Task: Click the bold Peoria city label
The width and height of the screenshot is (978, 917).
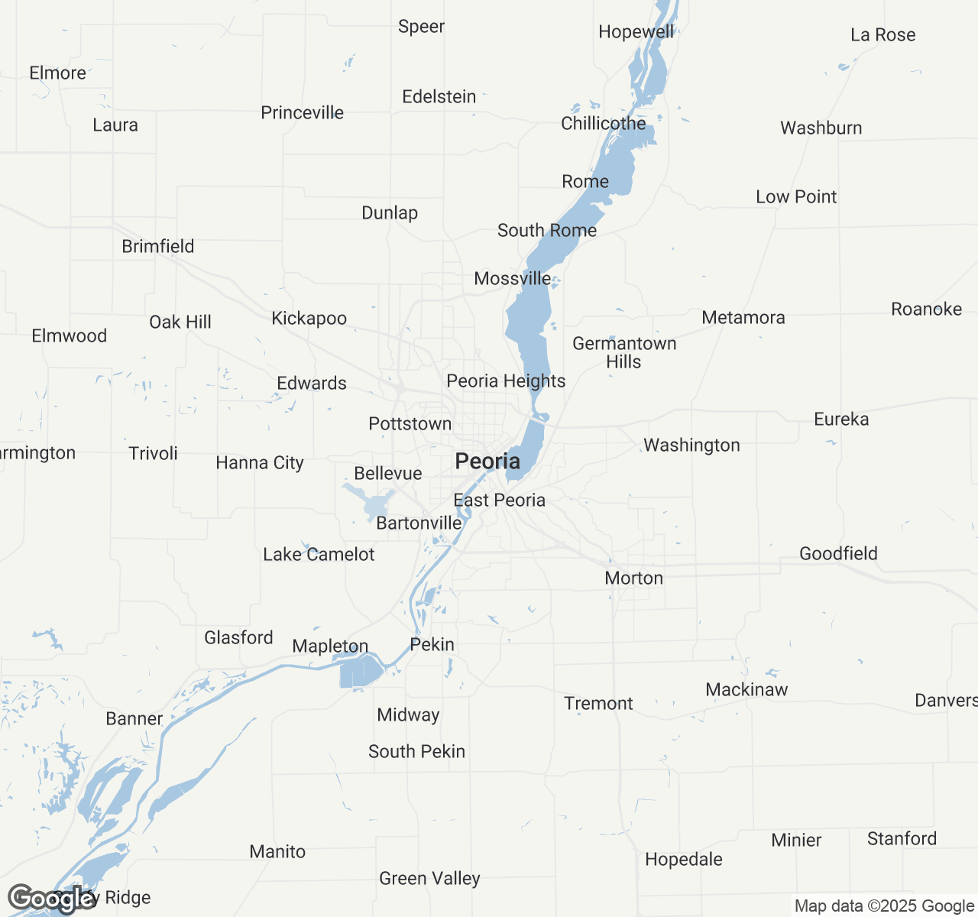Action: (x=487, y=461)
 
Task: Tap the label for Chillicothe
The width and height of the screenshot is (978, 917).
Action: (x=603, y=123)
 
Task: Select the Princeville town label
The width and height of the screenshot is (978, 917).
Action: (x=302, y=112)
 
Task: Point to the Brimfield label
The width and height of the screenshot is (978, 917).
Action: (x=158, y=246)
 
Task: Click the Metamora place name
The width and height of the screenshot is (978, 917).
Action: (x=743, y=317)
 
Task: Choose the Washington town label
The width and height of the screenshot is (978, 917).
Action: (x=691, y=445)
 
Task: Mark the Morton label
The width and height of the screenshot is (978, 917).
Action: (x=633, y=578)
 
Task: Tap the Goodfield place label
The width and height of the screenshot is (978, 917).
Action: (x=838, y=553)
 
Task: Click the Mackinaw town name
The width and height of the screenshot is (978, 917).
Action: (x=746, y=689)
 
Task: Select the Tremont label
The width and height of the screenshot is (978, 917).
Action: (x=598, y=703)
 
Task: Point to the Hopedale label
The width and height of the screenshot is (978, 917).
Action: (x=683, y=859)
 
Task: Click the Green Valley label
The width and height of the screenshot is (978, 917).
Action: (x=429, y=878)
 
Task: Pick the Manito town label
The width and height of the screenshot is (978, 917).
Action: (x=277, y=851)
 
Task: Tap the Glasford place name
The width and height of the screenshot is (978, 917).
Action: (x=238, y=637)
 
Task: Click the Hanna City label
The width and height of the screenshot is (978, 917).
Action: (x=260, y=462)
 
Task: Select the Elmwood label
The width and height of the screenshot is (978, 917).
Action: (x=69, y=335)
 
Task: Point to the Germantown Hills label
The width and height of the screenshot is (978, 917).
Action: (x=624, y=352)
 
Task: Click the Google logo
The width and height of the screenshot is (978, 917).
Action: (x=51, y=899)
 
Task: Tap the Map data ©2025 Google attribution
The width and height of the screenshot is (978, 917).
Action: (x=883, y=906)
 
